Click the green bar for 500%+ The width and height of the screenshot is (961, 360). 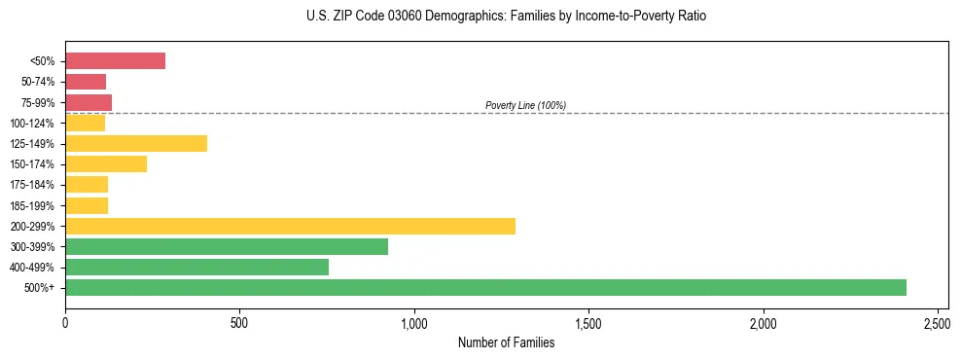pyautogui.click(x=485, y=287)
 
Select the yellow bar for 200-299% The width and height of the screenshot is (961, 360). pyautogui.click(x=290, y=226)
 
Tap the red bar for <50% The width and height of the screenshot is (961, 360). pyautogui.click(x=115, y=61)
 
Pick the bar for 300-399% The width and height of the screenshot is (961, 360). pyautogui.click(x=227, y=246)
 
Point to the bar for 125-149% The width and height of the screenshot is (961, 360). pyautogui.click(x=136, y=144)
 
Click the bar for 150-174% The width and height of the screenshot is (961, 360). pyautogui.click(x=106, y=164)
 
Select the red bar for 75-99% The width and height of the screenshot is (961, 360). pyautogui.click(x=89, y=102)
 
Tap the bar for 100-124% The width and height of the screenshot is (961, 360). pyautogui.click(x=85, y=123)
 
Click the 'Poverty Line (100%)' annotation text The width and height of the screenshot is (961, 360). pyautogui.click(x=525, y=105)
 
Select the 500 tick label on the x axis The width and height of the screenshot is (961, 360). pyautogui.click(x=239, y=320)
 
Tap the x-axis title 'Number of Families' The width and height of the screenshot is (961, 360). pyautogui.click(x=507, y=342)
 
